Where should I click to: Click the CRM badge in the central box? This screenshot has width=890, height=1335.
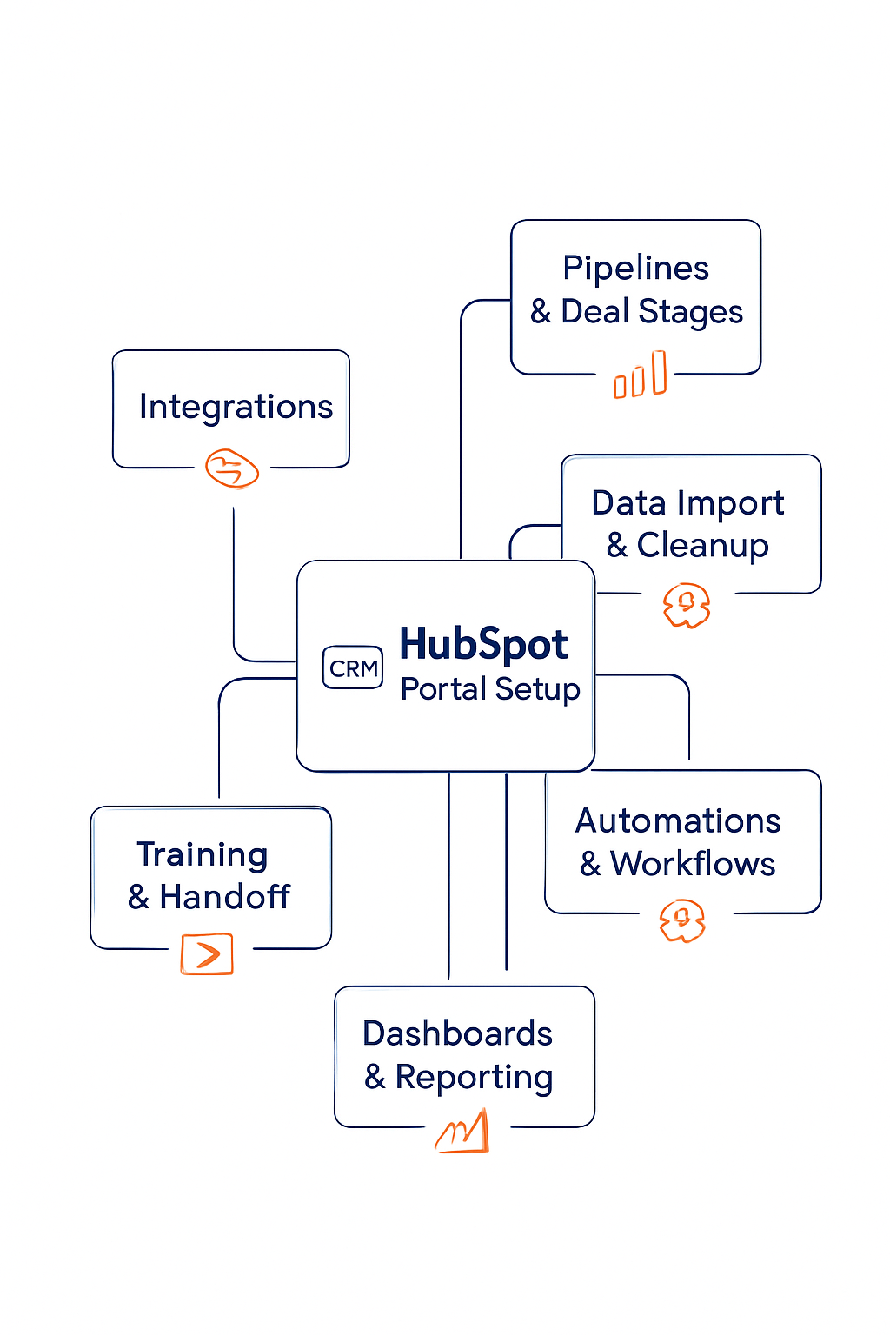tap(353, 667)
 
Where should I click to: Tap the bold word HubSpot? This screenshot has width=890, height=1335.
tap(483, 645)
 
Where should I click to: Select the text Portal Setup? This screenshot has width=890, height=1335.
tap(490, 689)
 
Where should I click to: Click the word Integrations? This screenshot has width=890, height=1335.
tap(236, 407)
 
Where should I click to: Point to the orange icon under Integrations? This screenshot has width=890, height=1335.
tap(232, 468)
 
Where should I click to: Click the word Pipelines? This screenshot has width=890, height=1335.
tap(635, 269)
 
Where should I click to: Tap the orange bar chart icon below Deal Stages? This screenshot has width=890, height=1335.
tap(641, 376)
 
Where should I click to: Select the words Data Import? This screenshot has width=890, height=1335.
tap(687, 503)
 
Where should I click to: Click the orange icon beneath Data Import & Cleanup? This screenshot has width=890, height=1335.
tap(687, 605)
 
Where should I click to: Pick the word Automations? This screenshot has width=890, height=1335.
tap(678, 821)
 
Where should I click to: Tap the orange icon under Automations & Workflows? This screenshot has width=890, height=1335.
tap(682, 921)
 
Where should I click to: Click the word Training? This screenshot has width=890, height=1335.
tap(203, 855)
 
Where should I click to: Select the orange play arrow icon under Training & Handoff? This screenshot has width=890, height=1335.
tap(207, 953)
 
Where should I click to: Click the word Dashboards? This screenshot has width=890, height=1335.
tap(457, 1034)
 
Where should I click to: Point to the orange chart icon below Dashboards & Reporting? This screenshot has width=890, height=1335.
tap(463, 1133)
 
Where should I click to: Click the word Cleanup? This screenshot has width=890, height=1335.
tap(702, 546)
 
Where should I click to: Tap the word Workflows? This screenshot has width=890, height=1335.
tap(693, 864)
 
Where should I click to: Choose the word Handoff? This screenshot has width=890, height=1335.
tap(224, 897)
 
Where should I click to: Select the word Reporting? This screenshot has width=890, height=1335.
tap(474, 1078)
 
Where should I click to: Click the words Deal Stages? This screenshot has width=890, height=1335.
tap(652, 312)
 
